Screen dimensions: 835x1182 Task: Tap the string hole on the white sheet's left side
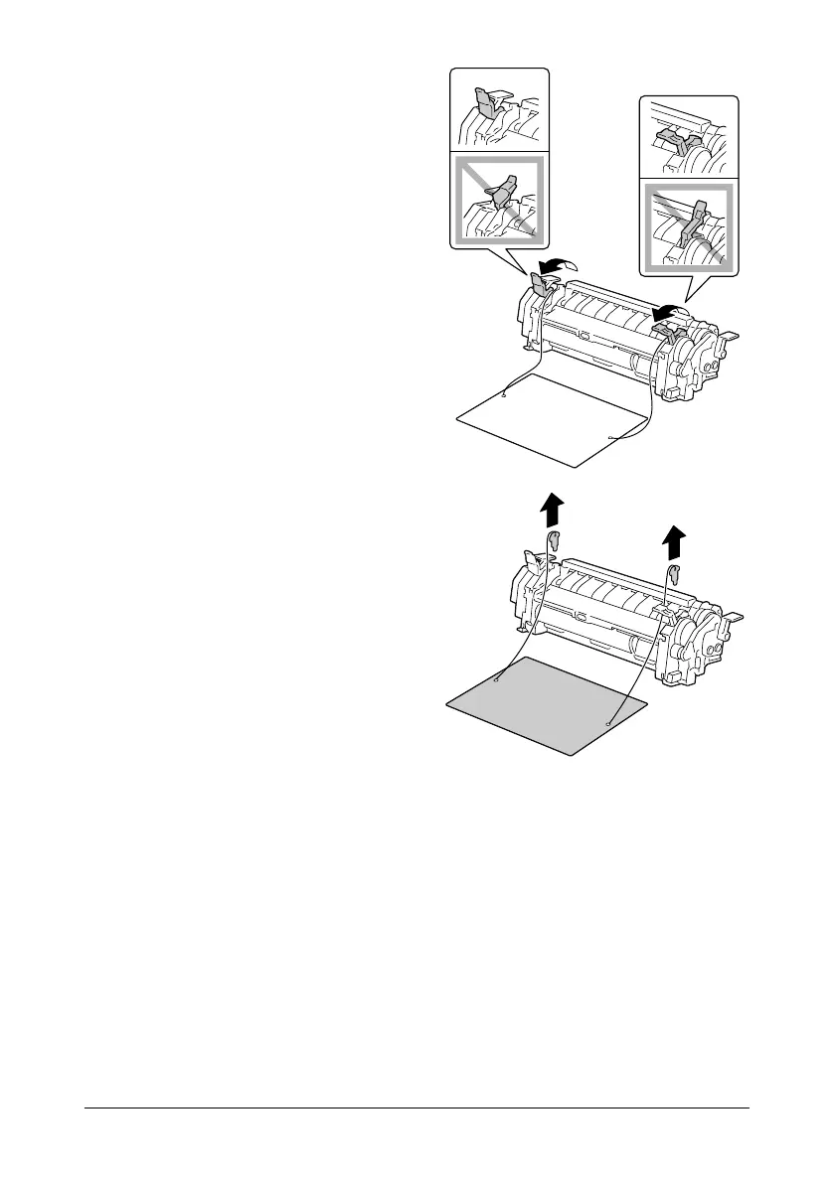pyautogui.click(x=504, y=394)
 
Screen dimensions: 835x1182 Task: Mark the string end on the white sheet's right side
pyautogui.click(x=608, y=436)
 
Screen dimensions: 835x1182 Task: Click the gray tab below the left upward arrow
pyautogui.click(x=554, y=540)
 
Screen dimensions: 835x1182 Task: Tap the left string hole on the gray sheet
pyautogui.click(x=496, y=681)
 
